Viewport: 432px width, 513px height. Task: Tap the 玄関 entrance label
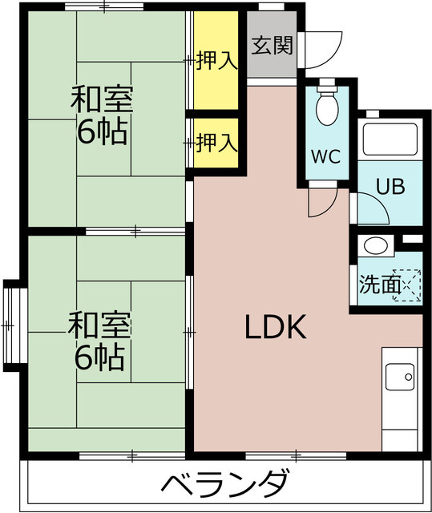pos(272,46)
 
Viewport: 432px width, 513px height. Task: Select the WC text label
pos(326,156)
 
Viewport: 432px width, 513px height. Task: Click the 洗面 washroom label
pos(378,285)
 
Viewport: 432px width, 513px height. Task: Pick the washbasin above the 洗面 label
pos(373,246)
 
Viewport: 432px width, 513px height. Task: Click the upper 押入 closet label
pos(217,60)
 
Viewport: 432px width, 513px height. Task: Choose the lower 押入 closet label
pos(217,143)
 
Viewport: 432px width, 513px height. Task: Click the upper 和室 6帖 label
pos(102,116)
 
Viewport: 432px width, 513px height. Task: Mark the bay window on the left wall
pos(10,325)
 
